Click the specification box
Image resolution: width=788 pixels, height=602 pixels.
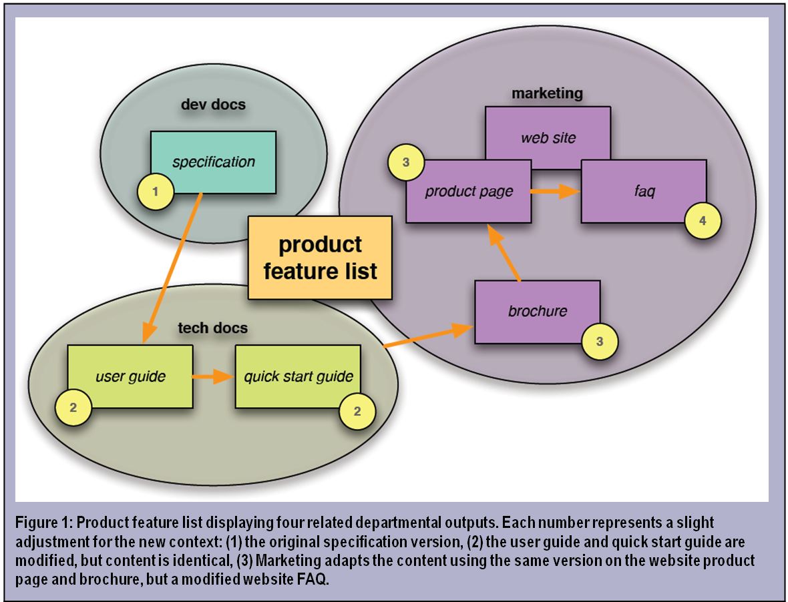[x=213, y=162]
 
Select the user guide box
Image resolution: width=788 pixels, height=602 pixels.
[x=130, y=376]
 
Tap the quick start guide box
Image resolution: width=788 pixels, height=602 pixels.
[x=298, y=376]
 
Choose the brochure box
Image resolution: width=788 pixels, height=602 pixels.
[x=537, y=312]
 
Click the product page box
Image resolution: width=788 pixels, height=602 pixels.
[x=469, y=192]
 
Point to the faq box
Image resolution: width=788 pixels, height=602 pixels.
[x=644, y=191]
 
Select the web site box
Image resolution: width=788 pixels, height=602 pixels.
[x=548, y=138]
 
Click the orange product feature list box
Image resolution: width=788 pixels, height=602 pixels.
[x=320, y=258]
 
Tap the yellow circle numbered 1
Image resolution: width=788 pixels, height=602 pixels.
[x=156, y=192]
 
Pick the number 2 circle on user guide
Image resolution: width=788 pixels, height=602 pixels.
[x=72, y=407]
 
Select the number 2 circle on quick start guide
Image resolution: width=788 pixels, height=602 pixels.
[x=357, y=411]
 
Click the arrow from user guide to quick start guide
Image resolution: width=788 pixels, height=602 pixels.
[x=213, y=377]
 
